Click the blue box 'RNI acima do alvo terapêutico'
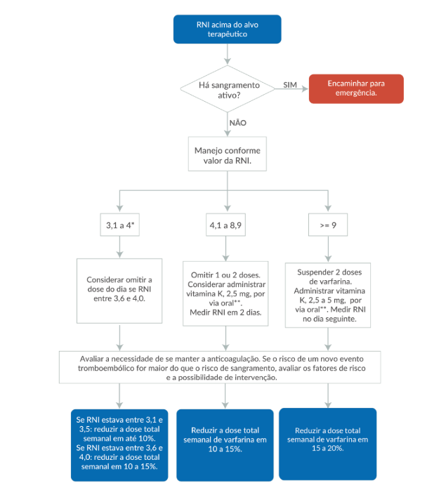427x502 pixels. tap(227, 29)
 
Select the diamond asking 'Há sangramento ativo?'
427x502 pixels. tap(228, 89)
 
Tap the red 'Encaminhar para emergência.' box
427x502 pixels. tap(356, 88)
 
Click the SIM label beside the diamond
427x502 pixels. tap(290, 85)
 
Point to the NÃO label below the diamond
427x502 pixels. tap(237, 123)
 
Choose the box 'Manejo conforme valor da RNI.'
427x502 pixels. tap(228, 154)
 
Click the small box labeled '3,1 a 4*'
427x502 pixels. tap(120, 225)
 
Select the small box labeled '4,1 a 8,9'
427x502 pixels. tap(225, 225)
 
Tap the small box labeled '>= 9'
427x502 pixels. tap(328, 225)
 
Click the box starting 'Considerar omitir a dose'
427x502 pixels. tap(119, 291)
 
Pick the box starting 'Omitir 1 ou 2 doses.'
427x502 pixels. tap(225, 293)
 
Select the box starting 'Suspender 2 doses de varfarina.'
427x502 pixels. tap(328, 295)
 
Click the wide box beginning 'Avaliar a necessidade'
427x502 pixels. tap(220, 367)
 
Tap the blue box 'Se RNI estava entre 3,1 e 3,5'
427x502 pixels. tap(119, 445)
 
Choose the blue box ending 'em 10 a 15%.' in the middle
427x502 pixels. tap(225, 445)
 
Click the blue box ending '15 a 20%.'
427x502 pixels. tap(328, 444)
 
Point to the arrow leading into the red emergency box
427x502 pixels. tap(291, 89)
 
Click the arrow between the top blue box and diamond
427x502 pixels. tap(228, 54)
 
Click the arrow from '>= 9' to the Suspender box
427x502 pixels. tap(328, 249)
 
